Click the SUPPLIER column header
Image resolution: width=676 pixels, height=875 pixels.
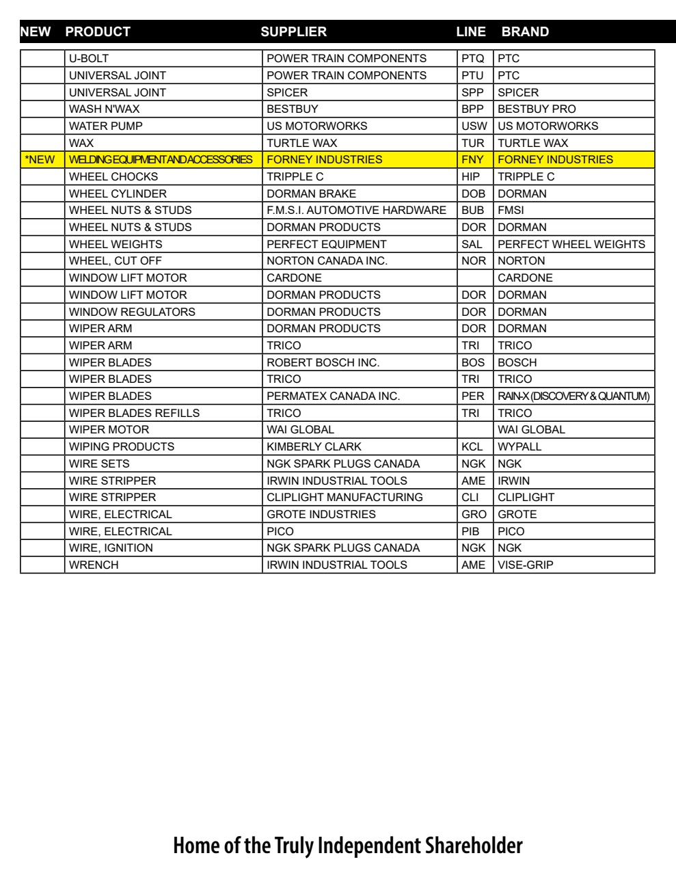[293, 31]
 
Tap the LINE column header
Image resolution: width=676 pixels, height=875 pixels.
[471, 31]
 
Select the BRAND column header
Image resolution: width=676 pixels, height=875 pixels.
[525, 31]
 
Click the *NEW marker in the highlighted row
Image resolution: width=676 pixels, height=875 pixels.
[40, 160]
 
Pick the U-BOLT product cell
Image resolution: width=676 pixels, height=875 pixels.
[89, 59]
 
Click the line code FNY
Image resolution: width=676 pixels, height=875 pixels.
[472, 160]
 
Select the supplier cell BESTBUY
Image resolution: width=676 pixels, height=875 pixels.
[293, 109]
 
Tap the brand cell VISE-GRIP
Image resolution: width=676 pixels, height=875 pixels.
[526, 565]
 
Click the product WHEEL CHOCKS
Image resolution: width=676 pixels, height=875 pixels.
[113, 177]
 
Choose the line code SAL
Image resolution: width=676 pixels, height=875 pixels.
[472, 244]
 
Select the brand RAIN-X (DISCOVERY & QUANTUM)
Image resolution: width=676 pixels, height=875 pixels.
[573, 396]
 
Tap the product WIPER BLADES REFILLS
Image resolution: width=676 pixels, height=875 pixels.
[135, 414]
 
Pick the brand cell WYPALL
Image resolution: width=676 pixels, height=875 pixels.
[519, 447]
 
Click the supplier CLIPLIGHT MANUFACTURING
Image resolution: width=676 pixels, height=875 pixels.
[344, 498]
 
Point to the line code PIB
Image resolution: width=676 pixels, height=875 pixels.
[471, 531]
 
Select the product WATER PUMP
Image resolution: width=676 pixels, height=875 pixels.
[106, 126]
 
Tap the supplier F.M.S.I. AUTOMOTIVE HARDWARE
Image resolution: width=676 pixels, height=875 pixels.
[356, 211]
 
